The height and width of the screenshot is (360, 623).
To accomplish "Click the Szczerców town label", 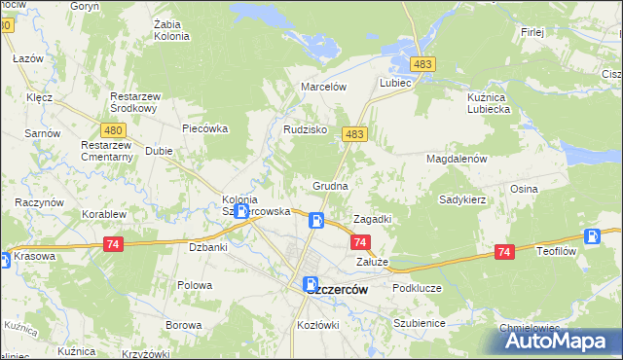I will pyautogui.click(x=337, y=289).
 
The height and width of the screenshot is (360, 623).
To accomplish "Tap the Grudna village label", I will pyautogui.click(x=330, y=185).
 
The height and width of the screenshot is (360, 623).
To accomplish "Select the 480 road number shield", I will pyautogui.click(x=113, y=128).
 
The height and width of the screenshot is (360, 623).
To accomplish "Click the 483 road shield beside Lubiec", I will pyautogui.click(x=422, y=64).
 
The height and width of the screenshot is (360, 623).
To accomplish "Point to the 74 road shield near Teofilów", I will pyautogui.click(x=504, y=252).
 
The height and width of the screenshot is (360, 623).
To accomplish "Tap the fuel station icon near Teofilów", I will pyautogui.click(x=592, y=236).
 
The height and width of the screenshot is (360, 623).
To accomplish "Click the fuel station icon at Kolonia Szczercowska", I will pyautogui.click(x=240, y=210).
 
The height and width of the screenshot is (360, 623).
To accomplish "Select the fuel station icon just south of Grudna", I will pyautogui.click(x=316, y=221).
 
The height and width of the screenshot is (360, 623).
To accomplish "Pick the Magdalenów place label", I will pyautogui.click(x=456, y=159).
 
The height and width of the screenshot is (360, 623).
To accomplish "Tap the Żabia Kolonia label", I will pyautogui.click(x=171, y=29).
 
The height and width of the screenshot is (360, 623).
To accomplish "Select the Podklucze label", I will pyautogui.click(x=418, y=289).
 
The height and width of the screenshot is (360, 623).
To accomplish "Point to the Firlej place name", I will pyautogui.click(x=531, y=32).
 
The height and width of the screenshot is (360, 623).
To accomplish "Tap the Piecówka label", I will pyautogui.click(x=204, y=127).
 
